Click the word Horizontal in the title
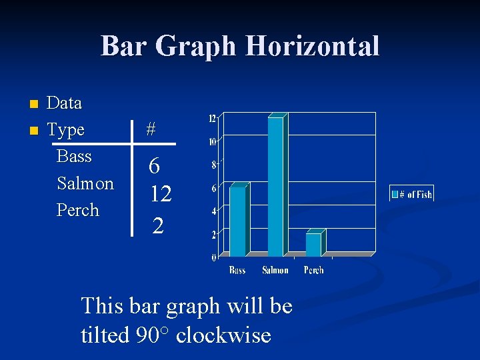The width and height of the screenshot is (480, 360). pyautogui.click(x=313, y=47)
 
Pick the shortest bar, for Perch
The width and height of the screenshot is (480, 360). pyautogui.click(x=313, y=243)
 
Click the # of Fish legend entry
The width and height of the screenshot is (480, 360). pyautogui.click(x=412, y=194)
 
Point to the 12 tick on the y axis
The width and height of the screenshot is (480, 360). pyautogui.click(x=212, y=119)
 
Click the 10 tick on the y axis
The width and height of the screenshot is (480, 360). pyautogui.click(x=212, y=141)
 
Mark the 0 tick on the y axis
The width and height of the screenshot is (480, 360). pyautogui.click(x=214, y=257)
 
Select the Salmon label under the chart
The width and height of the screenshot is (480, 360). pyautogui.click(x=275, y=270)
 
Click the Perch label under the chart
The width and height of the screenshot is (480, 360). pyautogui.click(x=313, y=270)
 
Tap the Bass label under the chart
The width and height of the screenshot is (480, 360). pyautogui.click(x=237, y=270)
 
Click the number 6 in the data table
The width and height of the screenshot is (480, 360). pyautogui.click(x=154, y=165)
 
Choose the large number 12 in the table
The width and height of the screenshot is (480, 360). pyautogui.click(x=161, y=194)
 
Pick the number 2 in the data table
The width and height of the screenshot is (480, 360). pyautogui.click(x=157, y=225)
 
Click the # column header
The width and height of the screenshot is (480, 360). pyautogui.click(x=151, y=130)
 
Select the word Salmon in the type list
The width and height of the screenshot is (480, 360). pyautogui.click(x=85, y=183)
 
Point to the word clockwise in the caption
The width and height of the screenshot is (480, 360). pyautogui.click(x=223, y=334)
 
